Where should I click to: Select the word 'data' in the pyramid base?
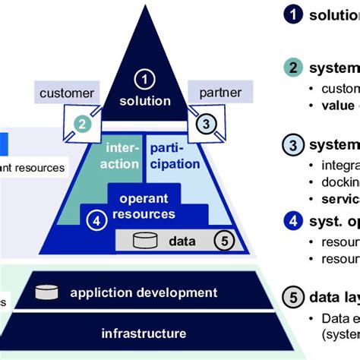tap(182, 242)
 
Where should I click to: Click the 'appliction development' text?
tap(144, 292)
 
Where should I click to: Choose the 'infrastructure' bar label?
tap(144, 333)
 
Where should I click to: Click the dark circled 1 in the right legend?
tap(292, 14)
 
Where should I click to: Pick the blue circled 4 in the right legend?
tap(292, 223)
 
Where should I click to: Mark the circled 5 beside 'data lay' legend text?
tap(292, 296)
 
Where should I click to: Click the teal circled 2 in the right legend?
tap(292, 68)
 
